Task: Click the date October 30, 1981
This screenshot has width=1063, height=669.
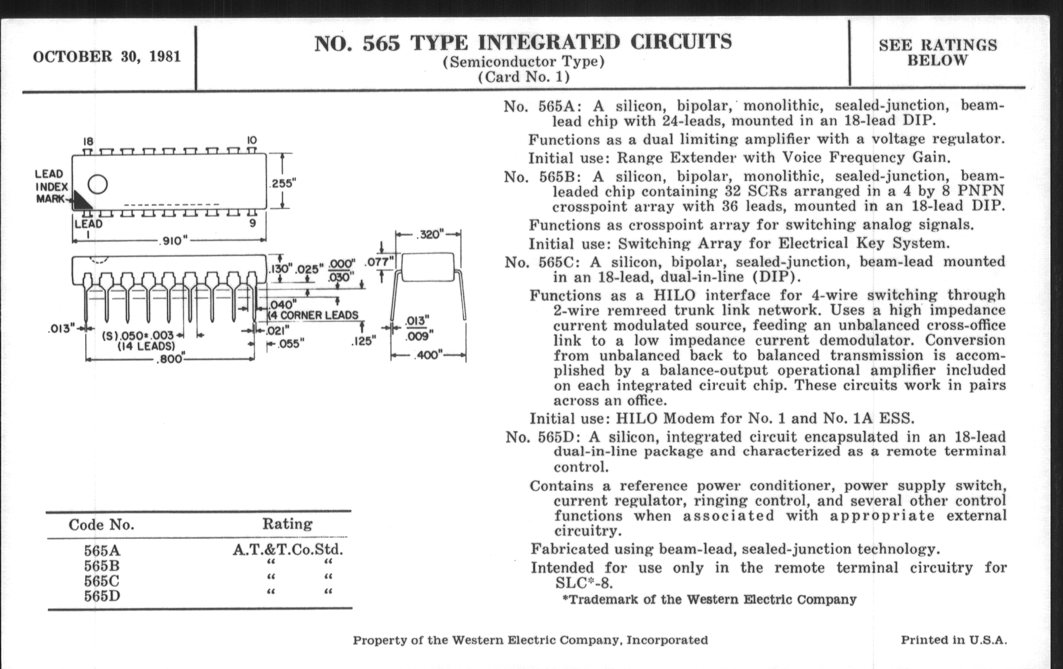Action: (x=107, y=57)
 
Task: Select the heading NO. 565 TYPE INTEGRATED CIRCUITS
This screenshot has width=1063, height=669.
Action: (x=523, y=43)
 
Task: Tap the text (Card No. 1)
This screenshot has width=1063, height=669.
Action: (x=524, y=77)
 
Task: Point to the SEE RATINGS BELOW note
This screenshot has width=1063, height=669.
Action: (x=938, y=52)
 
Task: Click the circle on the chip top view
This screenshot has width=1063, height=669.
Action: (x=97, y=184)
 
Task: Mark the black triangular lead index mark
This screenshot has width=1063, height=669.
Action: (x=81, y=201)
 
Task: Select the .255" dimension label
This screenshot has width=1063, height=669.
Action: (x=282, y=183)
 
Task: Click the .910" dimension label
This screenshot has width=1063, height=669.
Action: (x=173, y=240)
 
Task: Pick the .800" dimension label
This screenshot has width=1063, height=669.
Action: (x=170, y=359)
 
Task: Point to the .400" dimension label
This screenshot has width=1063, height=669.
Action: (x=427, y=355)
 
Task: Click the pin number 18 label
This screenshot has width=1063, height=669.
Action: (x=88, y=141)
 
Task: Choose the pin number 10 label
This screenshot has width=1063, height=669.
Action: (x=252, y=140)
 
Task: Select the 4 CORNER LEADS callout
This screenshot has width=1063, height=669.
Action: (x=314, y=315)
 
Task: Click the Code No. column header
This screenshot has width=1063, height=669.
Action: (x=101, y=525)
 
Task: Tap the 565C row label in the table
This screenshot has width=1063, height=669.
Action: (x=101, y=581)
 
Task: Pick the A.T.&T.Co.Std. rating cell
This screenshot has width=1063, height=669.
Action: (x=288, y=549)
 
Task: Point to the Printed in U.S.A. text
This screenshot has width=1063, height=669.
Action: (x=954, y=640)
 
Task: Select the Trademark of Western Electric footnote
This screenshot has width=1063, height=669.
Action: (x=709, y=599)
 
